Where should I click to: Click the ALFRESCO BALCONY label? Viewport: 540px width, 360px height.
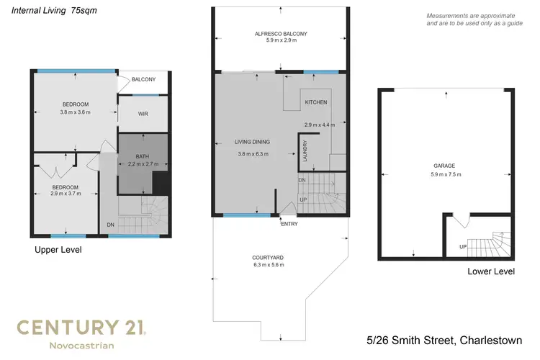click(280, 34)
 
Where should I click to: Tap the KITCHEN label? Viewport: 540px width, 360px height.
click(315, 102)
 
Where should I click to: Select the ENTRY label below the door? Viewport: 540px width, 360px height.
click(289, 224)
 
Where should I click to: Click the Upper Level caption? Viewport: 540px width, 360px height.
click(58, 250)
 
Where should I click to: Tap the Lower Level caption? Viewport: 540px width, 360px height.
click(490, 271)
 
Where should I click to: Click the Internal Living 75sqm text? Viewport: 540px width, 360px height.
click(49, 12)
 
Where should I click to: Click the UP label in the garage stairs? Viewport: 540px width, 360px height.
click(462, 246)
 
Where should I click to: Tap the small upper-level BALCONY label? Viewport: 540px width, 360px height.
click(143, 79)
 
